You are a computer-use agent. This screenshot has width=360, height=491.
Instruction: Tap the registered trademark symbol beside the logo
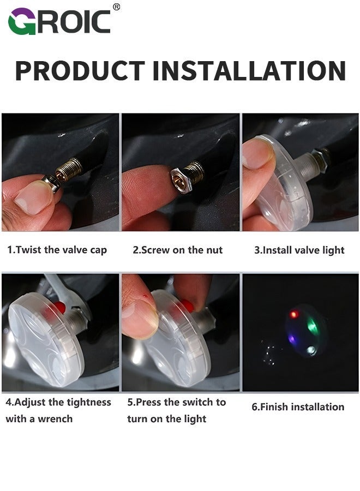(116, 7)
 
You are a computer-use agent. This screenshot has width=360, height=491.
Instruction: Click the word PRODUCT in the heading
(80, 70)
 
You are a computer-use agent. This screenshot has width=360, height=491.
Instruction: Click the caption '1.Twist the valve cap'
(57, 250)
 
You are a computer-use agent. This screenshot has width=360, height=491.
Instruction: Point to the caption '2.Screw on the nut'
(178, 250)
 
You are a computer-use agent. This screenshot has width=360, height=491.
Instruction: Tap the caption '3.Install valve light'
(299, 250)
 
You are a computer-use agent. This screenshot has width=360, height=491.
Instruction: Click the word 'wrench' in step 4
(55, 419)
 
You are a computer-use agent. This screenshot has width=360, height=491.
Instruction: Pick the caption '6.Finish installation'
(298, 406)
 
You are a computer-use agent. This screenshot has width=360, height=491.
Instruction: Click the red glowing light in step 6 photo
(293, 315)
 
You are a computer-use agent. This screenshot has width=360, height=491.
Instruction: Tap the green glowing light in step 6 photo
(312, 326)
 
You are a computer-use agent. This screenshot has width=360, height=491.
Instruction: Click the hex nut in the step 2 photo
(179, 178)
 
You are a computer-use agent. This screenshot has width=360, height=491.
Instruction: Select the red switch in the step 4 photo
(59, 307)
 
